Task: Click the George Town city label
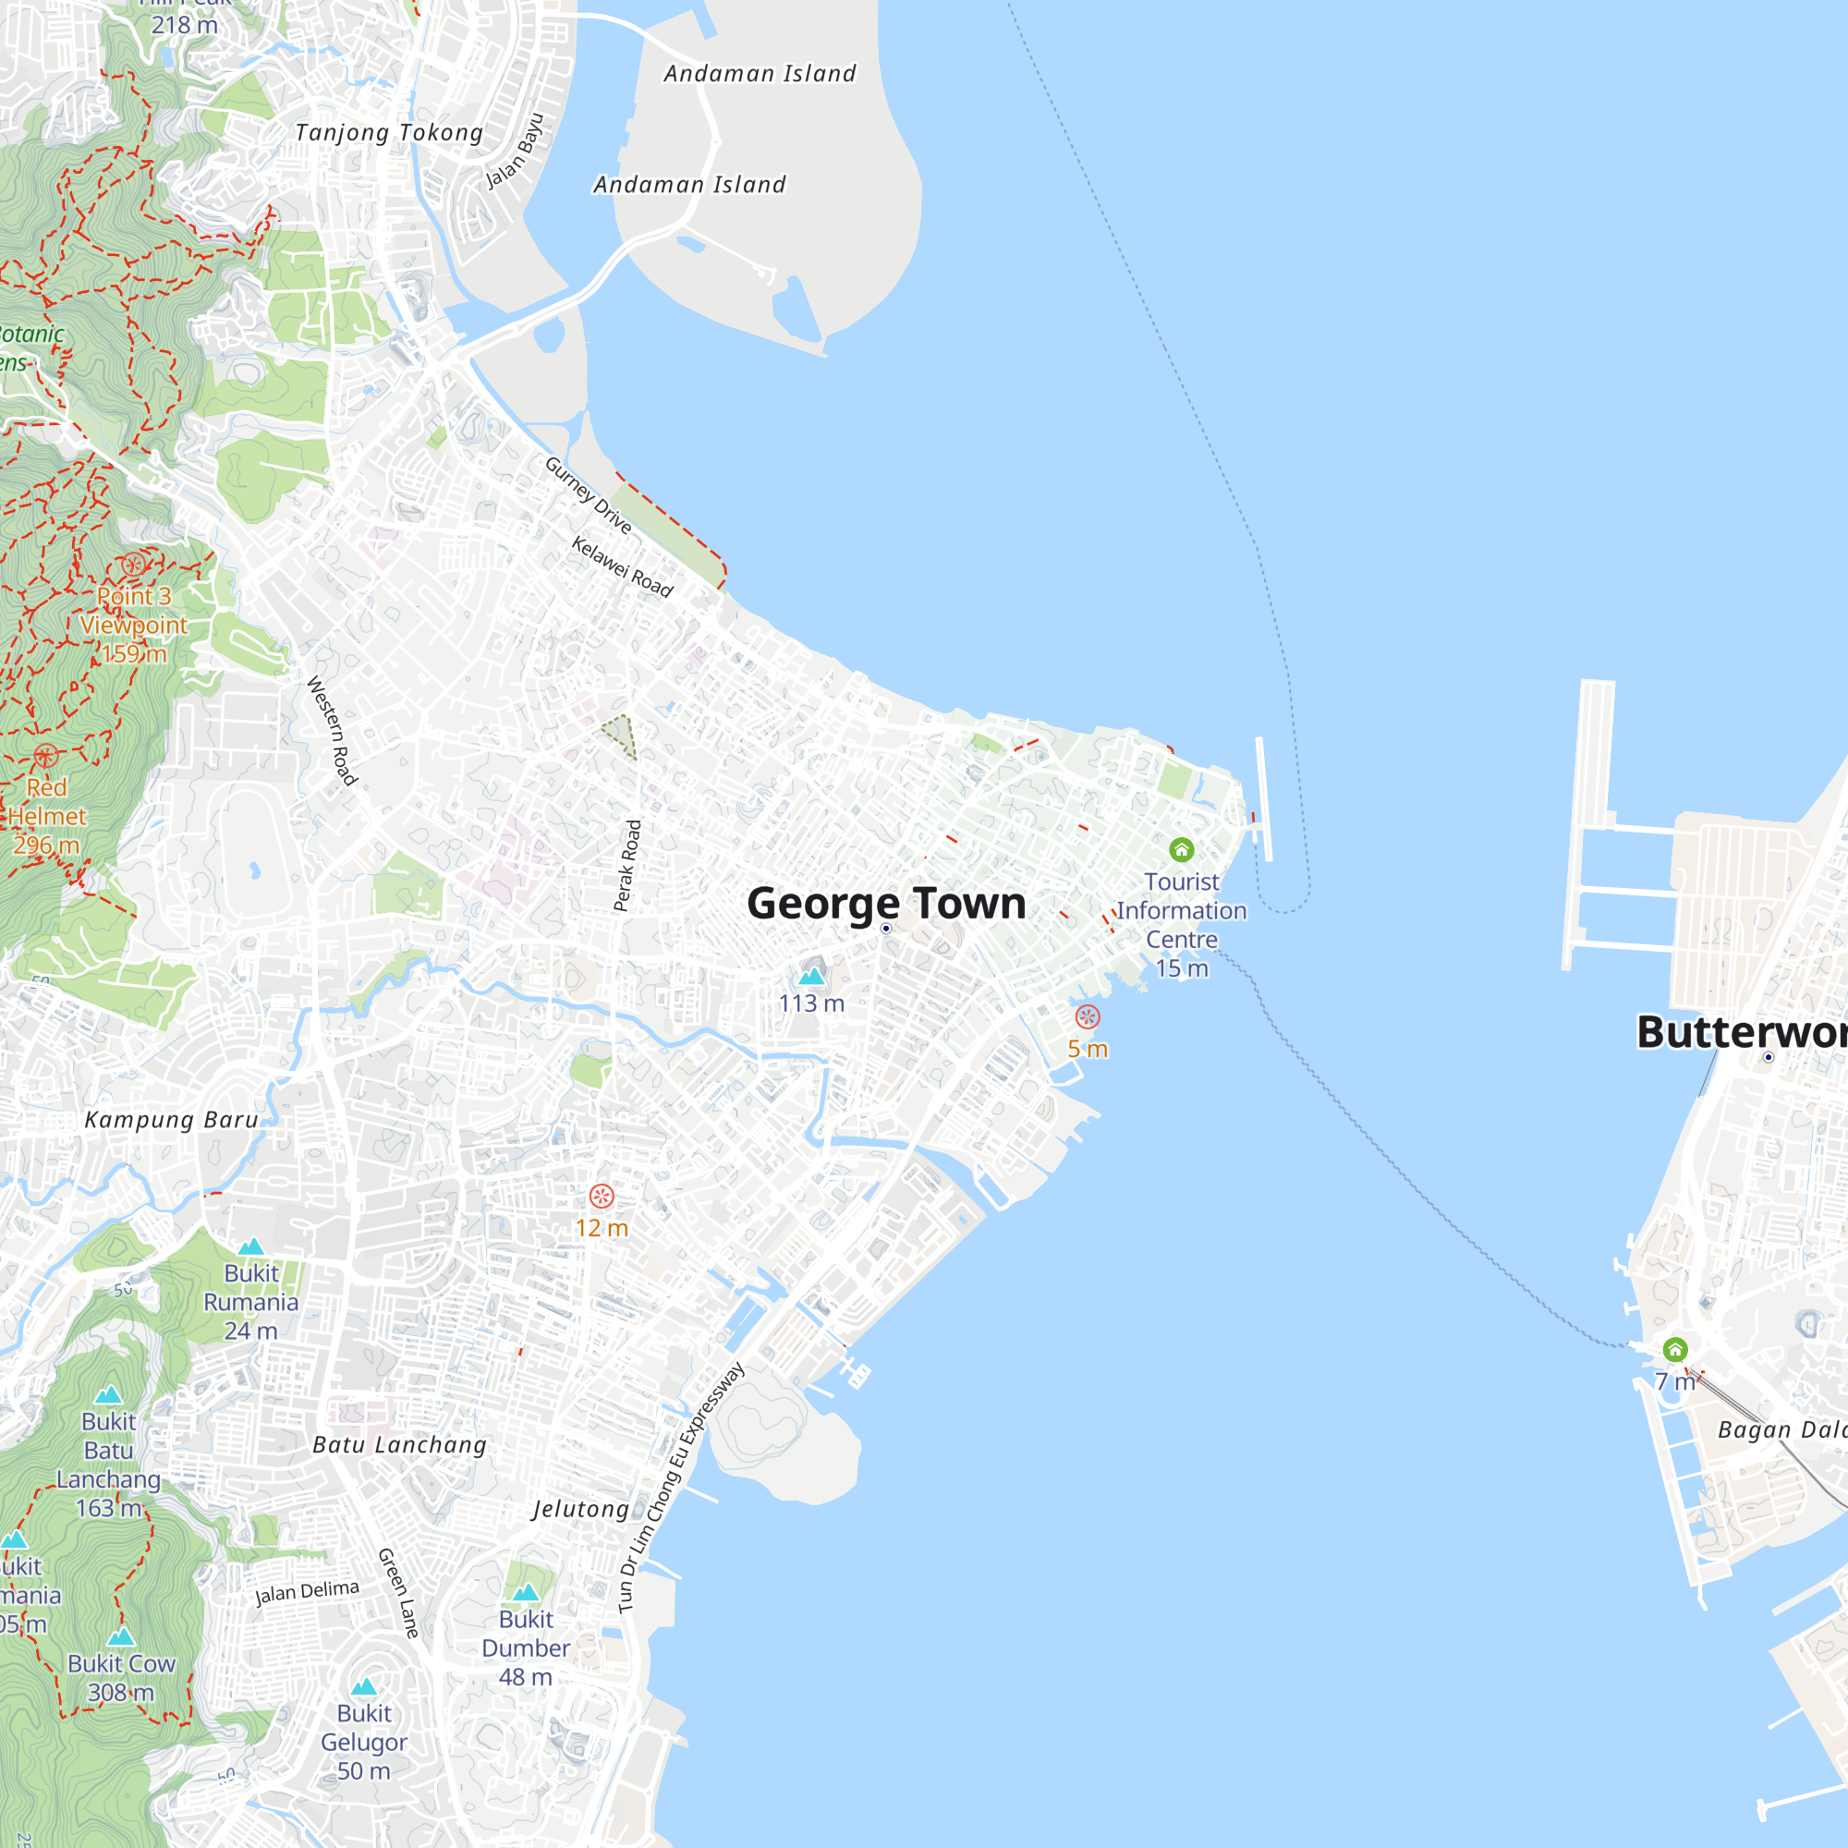coord(886,903)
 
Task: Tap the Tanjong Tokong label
coord(388,132)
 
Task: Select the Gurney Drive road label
coord(588,495)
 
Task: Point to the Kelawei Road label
coord(623,566)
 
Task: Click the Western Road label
coord(332,731)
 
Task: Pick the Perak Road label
coord(626,866)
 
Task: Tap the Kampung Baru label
coord(171,1120)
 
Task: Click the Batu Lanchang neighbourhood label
coord(400,1444)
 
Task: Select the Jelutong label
coord(580,1509)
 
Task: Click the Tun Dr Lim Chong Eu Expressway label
coord(681,1489)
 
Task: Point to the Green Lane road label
coord(399,1593)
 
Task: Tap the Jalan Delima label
coord(307,1592)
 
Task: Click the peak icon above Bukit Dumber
coord(526,1593)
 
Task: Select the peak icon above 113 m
coord(811,976)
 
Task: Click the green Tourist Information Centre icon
coord(1181,849)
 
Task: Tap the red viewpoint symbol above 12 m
coord(602,1196)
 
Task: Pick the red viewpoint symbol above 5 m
coord(1088,1016)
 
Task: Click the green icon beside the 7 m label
coord(1675,1350)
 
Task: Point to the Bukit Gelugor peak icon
coord(364,1686)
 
